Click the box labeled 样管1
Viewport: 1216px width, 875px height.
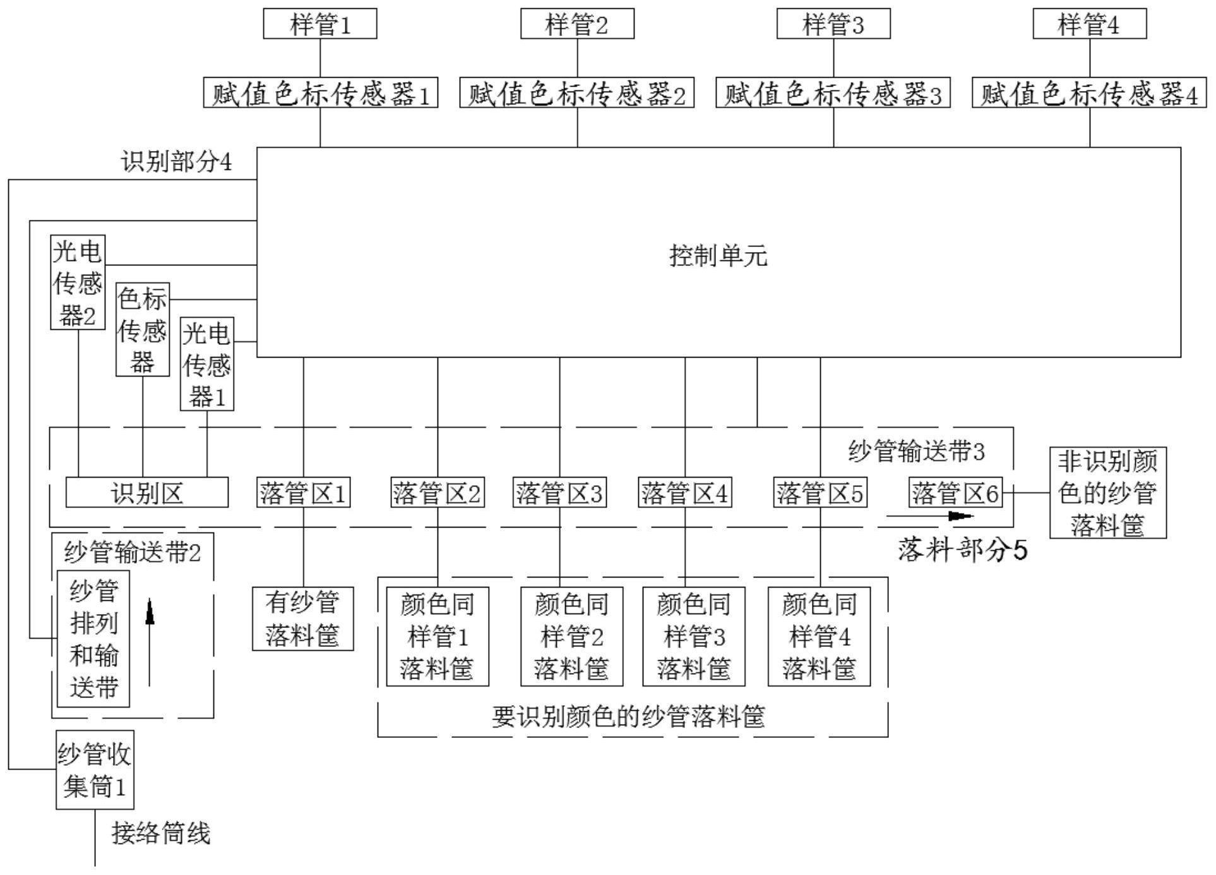tap(320, 24)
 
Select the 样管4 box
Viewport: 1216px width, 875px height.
tap(1089, 24)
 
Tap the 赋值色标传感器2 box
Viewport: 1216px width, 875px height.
tap(576, 93)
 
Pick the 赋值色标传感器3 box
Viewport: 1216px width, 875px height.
tap(833, 93)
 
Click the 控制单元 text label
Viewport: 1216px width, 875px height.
tap(718, 256)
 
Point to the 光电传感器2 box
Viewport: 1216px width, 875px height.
tap(78, 282)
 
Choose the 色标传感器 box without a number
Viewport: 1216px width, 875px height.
tap(143, 330)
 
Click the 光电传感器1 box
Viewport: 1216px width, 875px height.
tap(207, 364)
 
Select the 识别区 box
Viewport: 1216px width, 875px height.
tap(147, 492)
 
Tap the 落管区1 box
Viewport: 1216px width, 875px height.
tap(304, 493)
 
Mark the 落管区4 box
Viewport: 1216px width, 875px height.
tap(685, 493)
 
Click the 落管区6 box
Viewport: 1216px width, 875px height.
tap(955, 493)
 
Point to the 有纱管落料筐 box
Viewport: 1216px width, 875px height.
tap(303, 619)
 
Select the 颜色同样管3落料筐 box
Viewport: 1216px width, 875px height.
tap(694, 636)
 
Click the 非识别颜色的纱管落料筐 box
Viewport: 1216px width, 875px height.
tap(1108, 493)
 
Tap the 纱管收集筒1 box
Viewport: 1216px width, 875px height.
tap(95, 770)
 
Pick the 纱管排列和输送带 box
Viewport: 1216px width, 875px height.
tap(93, 639)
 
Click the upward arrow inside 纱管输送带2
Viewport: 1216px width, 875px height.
tap(150, 642)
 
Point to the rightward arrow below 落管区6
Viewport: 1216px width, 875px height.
tap(930, 516)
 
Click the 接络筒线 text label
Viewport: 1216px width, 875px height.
tap(161, 833)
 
